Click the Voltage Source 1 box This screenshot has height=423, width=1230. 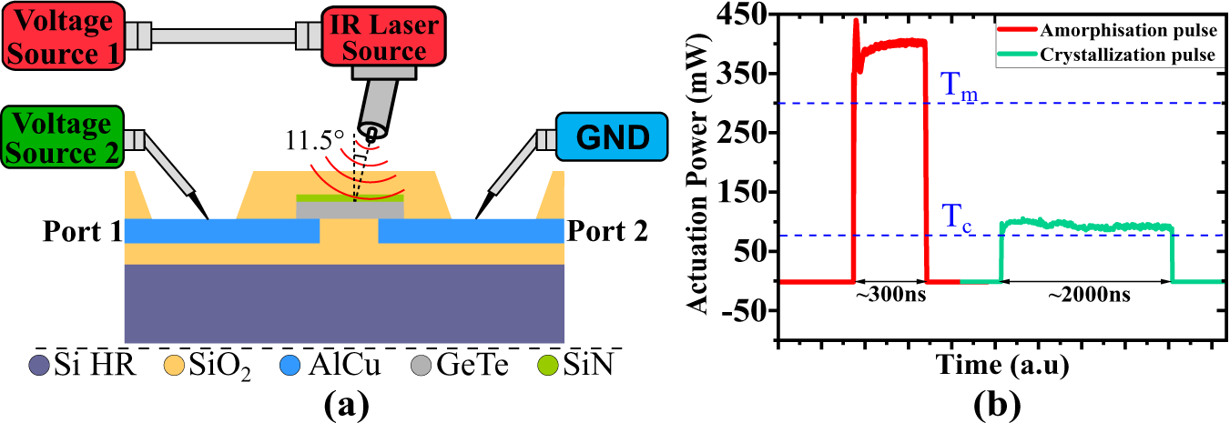(x=61, y=36)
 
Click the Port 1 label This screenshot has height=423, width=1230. (x=79, y=231)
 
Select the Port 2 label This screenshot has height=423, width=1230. (x=608, y=231)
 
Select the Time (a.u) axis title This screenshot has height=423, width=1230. (x=1001, y=366)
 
